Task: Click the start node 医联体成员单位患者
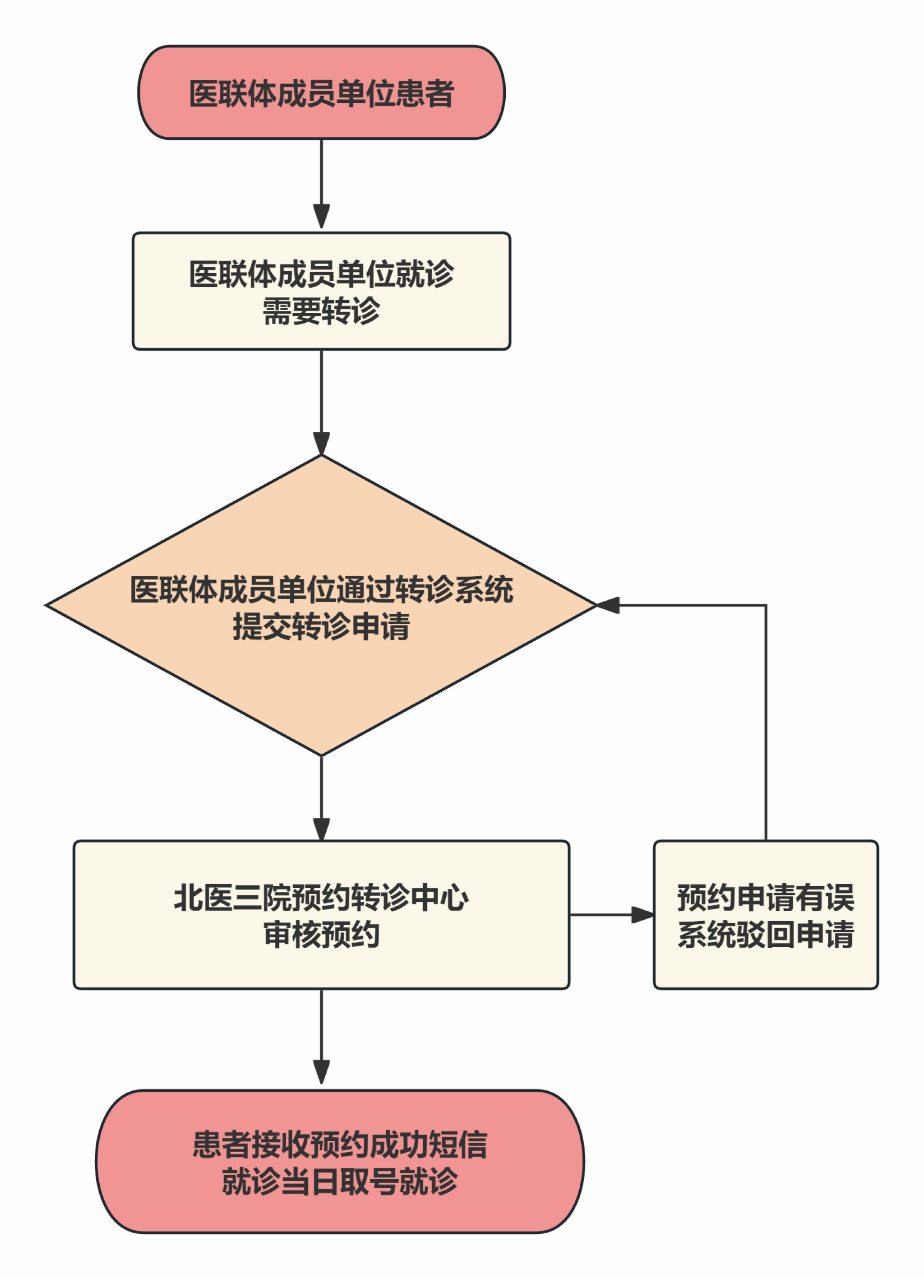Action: point(321,93)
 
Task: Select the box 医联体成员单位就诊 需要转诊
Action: point(321,291)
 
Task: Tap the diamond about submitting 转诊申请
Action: point(321,606)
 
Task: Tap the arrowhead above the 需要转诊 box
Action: point(321,217)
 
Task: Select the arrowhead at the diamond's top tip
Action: point(321,443)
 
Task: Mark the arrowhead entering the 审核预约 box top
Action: point(321,829)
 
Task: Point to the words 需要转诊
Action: point(321,311)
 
